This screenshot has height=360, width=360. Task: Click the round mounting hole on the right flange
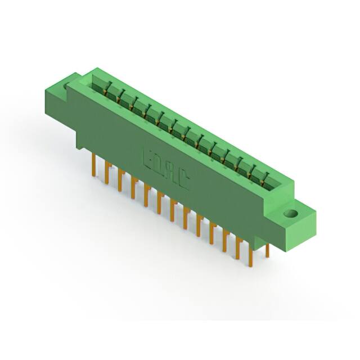coord(291,214)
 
